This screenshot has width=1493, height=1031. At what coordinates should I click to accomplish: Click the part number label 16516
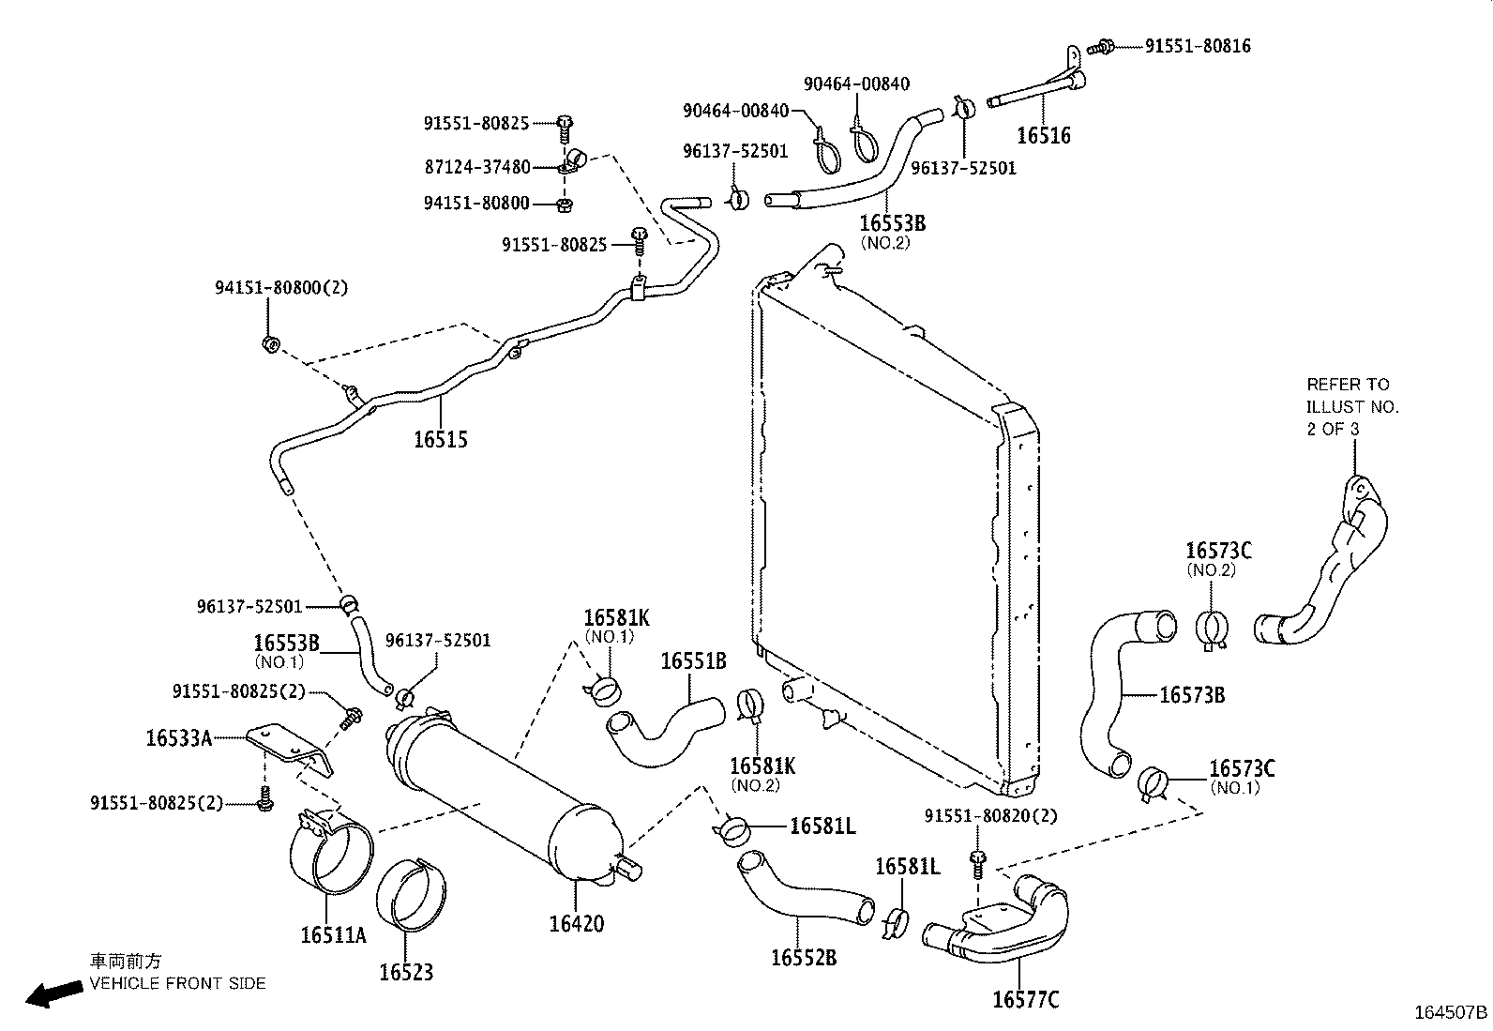click(1043, 136)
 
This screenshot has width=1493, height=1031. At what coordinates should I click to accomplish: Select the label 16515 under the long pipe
click(440, 439)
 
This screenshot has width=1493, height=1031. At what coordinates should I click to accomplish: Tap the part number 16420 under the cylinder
click(576, 924)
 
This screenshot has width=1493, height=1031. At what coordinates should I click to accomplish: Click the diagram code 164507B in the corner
click(1451, 1013)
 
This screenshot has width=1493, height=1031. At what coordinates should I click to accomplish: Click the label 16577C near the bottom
click(1025, 1000)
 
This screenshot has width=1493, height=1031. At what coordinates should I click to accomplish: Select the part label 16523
click(406, 972)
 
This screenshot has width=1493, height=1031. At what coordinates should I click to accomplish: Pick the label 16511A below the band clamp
click(333, 935)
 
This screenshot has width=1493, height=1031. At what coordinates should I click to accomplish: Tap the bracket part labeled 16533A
click(291, 746)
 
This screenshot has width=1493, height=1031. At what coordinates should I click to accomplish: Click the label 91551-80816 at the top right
click(1198, 46)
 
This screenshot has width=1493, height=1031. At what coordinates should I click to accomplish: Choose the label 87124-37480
click(477, 167)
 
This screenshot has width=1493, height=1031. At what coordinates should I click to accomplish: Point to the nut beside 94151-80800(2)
click(269, 344)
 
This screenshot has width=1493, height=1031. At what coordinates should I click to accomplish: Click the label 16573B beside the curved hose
click(1191, 695)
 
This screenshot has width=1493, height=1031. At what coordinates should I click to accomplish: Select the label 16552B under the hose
click(804, 957)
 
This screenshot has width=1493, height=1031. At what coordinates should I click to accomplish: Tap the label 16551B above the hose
click(693, 661)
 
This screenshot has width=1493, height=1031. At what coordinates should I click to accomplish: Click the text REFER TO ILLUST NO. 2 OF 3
click(1351, 406)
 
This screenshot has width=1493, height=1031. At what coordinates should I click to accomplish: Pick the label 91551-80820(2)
click(990, 816)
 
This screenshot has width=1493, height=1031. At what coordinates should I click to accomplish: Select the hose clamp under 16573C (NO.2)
click(1214, 630)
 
